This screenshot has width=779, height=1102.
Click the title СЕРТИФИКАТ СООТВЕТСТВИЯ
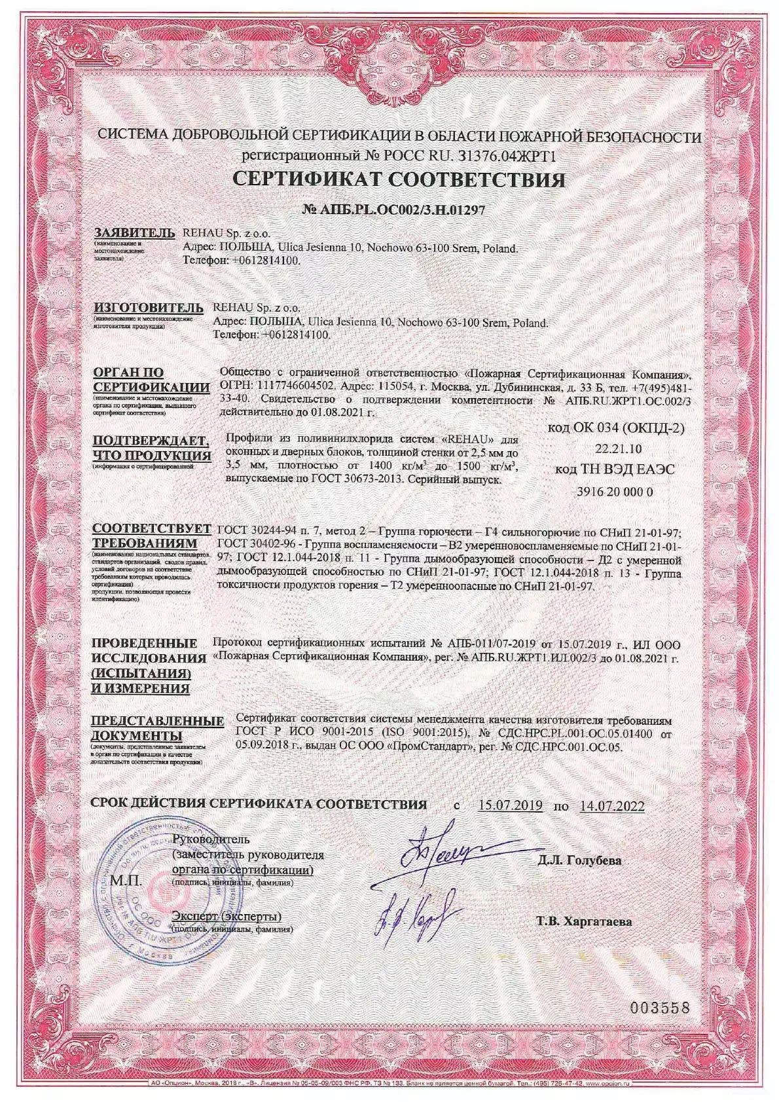pos(399,180)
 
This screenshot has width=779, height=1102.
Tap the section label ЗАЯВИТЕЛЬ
pos(134,233)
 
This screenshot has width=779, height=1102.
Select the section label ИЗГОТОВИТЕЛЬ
pos(144,307)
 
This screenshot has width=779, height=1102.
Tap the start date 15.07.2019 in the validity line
pos(510,805)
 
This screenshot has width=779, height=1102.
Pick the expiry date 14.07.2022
pos(611,805)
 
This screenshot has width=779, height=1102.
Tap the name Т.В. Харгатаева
pos(584,922)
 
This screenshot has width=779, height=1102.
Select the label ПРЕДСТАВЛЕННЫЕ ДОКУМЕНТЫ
pos(157,727)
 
